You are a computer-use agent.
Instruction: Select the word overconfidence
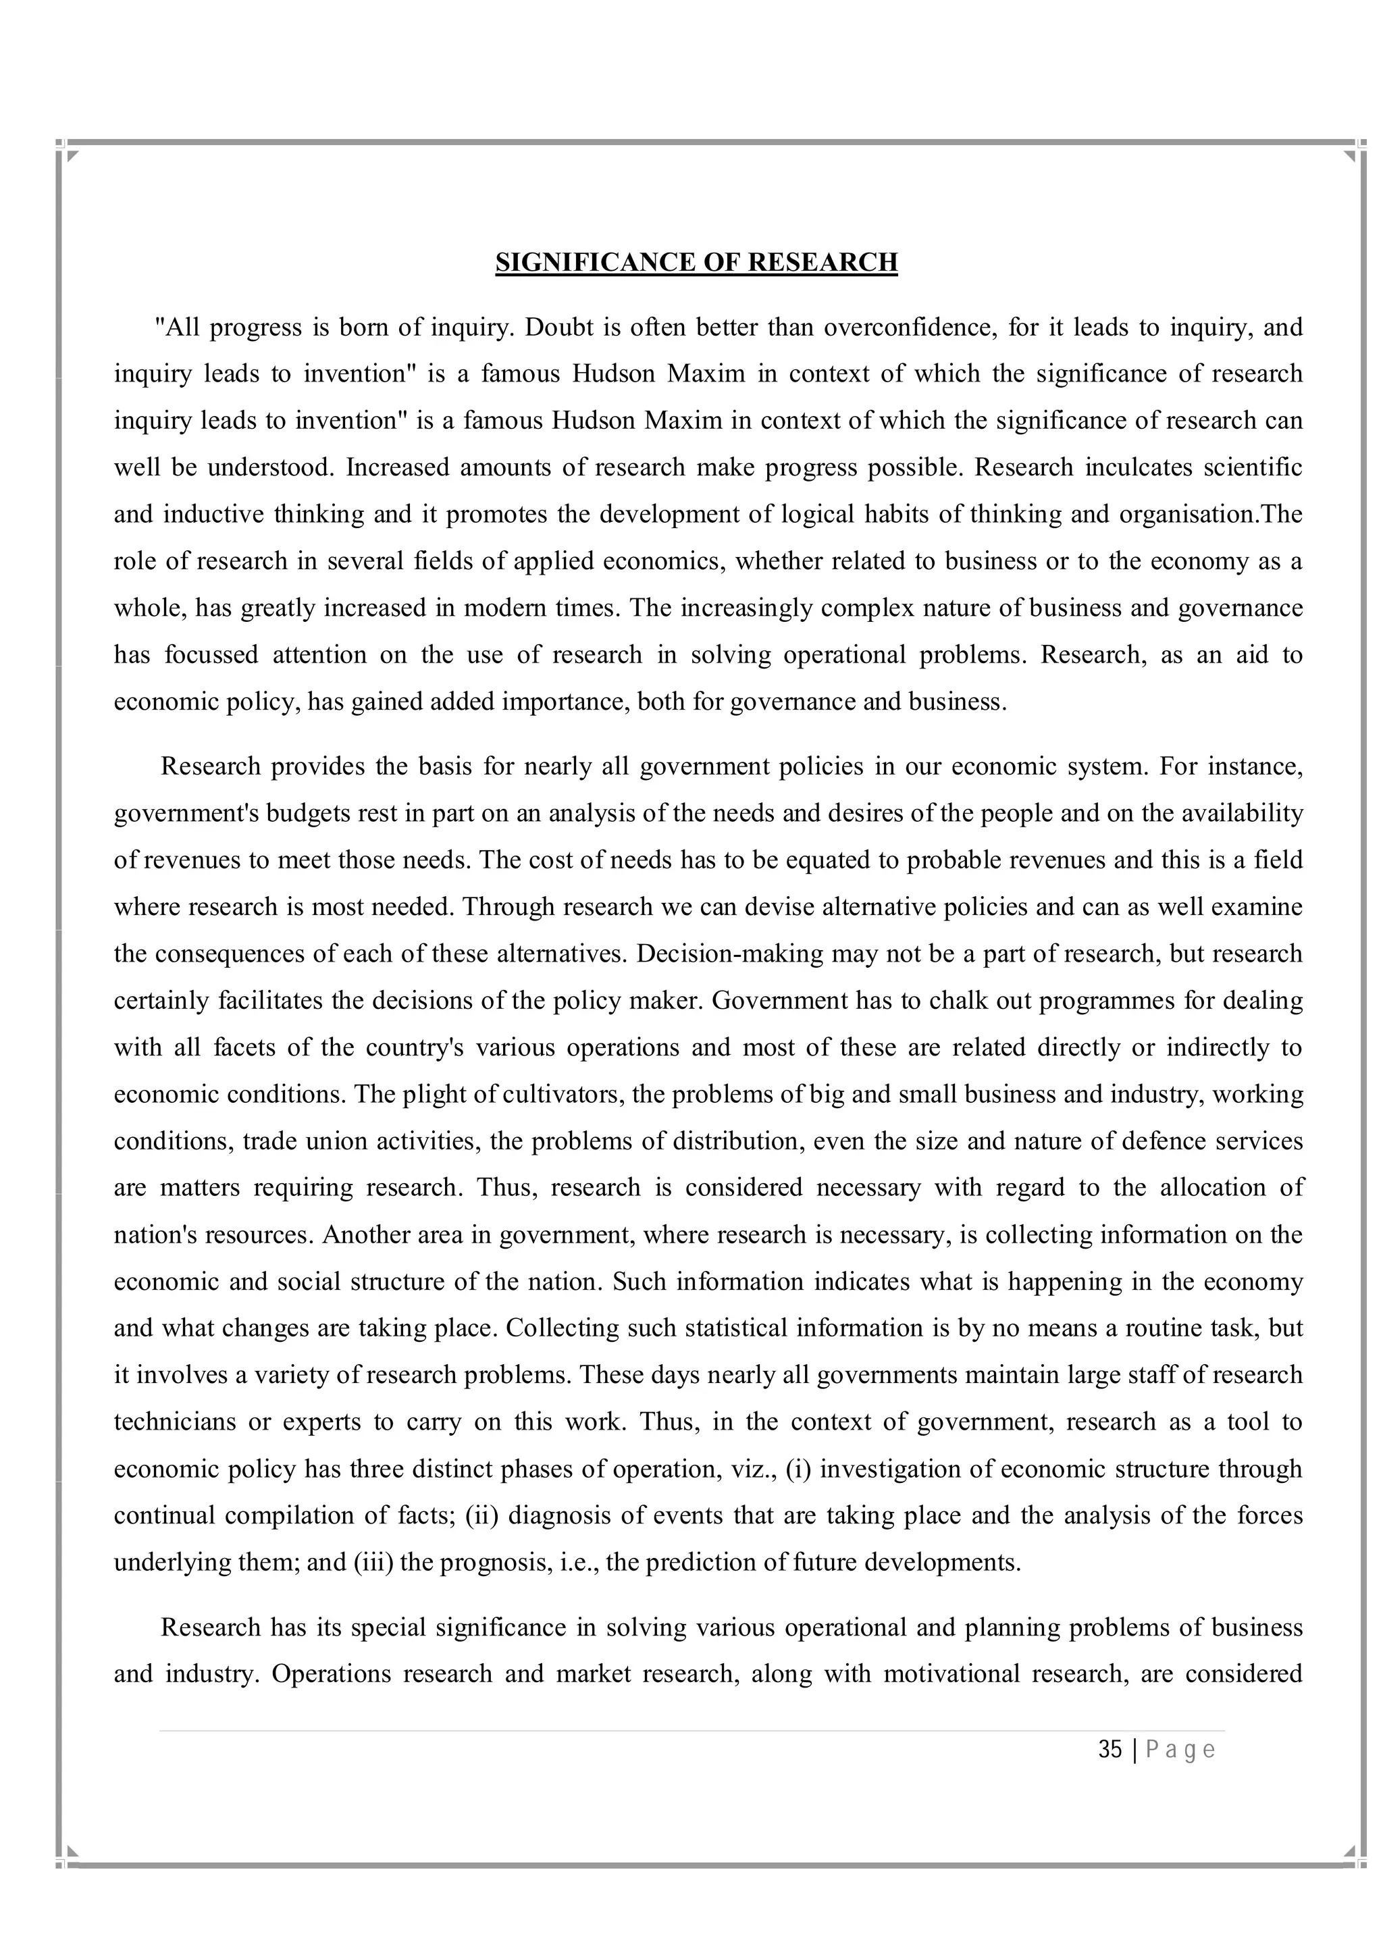coord(908,328)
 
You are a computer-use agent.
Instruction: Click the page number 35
coord(1110,1749)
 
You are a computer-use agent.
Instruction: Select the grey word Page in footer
coord(1180,1749)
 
